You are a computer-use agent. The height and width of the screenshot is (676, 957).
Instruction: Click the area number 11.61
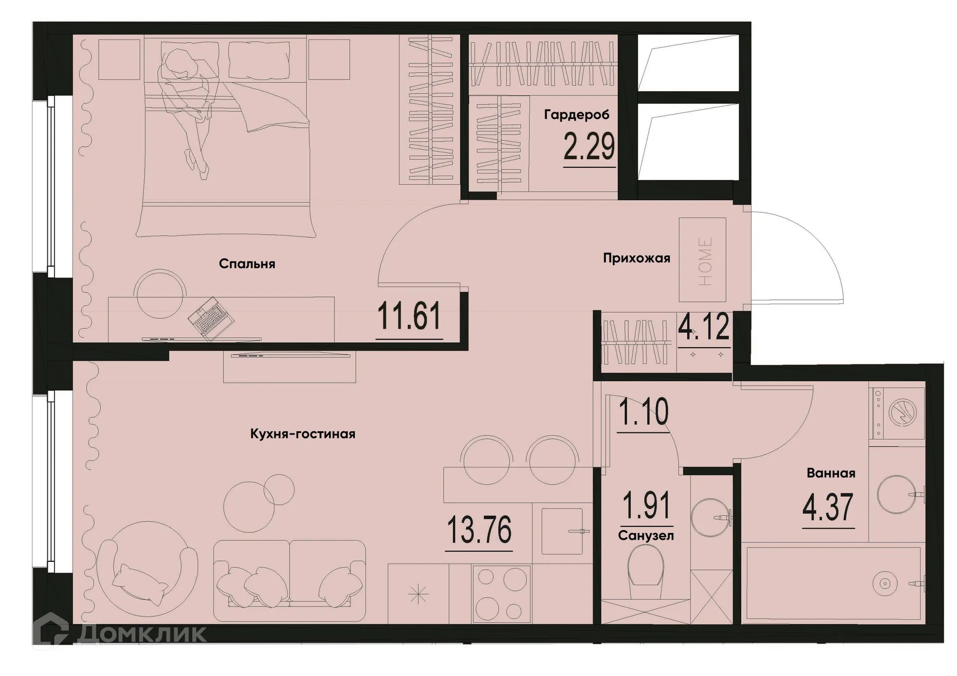tap(409, 316)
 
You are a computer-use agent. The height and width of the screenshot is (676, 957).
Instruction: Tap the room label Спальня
tap(247, 264)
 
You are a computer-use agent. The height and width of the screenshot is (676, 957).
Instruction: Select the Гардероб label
tap(577, 115)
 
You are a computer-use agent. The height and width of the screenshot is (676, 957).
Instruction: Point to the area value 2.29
tap(589, 147)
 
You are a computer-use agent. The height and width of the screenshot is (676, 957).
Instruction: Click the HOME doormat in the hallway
tap(702, 260)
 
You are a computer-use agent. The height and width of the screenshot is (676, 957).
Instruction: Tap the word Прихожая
tap(637, 258)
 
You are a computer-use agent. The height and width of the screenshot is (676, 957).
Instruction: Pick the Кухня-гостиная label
tap(303, 434)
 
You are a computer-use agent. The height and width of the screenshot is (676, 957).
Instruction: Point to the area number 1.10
tap(643, 412)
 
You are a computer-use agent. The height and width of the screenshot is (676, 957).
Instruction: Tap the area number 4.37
tap(828, 507)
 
